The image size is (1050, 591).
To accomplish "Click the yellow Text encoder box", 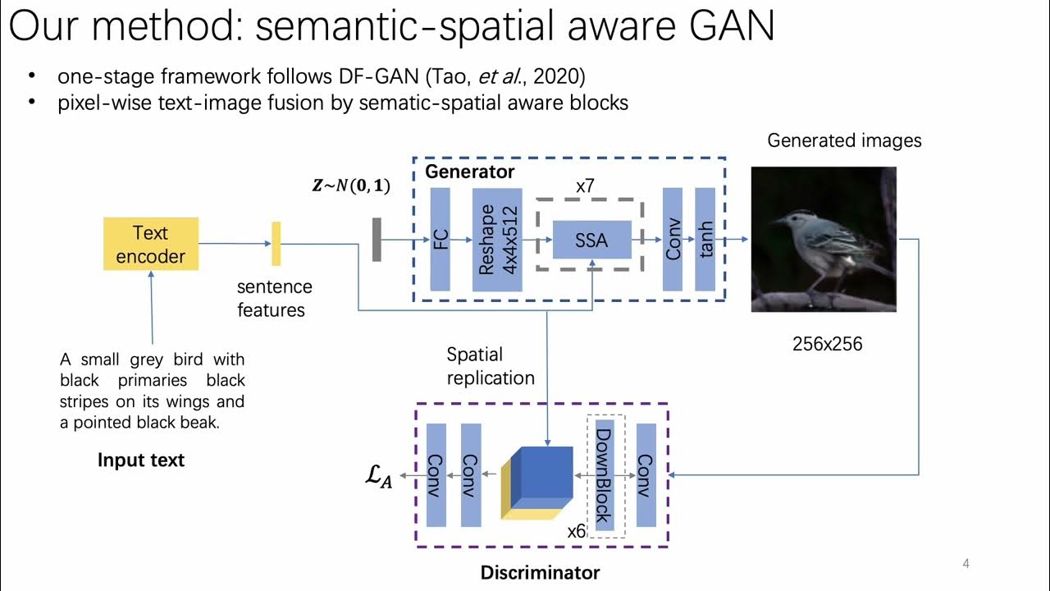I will pyautogui.click(x=151, y=244).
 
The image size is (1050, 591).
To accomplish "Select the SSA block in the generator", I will pyautogui.click(x=591, y=240).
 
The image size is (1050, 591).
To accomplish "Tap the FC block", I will pyautogui.click(x=441, y=239).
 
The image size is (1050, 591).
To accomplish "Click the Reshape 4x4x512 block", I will pyautogui.click(x=497, y=239).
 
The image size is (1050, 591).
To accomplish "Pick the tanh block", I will pyautogui.click(x=705, y=239).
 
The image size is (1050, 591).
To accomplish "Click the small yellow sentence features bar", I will pyautogui.click(x=276, y=244).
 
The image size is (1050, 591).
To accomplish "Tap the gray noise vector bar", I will pyautogui.click(x=377, y=240).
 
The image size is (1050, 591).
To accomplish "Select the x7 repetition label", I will pyautogui.click(x=585, y=186).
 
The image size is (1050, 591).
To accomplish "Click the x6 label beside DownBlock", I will pyautogui.click(x=577, y=531).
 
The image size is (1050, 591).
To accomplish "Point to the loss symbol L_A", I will pyautogui.click(x=378, y=477).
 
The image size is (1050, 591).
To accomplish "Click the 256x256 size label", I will pyautogui.click(x=827, y=344).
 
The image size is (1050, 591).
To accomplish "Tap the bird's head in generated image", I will pyautogui.click(x=788, y=219).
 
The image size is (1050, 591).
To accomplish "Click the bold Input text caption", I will pyautogui.click(x=141, y=460).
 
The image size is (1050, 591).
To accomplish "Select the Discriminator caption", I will pyautogui.click(x=540, y=572).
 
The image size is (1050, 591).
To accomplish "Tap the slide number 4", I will pyautogui.click(x=966, y=564).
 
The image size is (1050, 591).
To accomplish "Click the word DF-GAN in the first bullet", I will pyautogui.click(x=378, y=76).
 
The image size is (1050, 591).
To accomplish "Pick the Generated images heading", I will pyautogui.click(x=844, y=140).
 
